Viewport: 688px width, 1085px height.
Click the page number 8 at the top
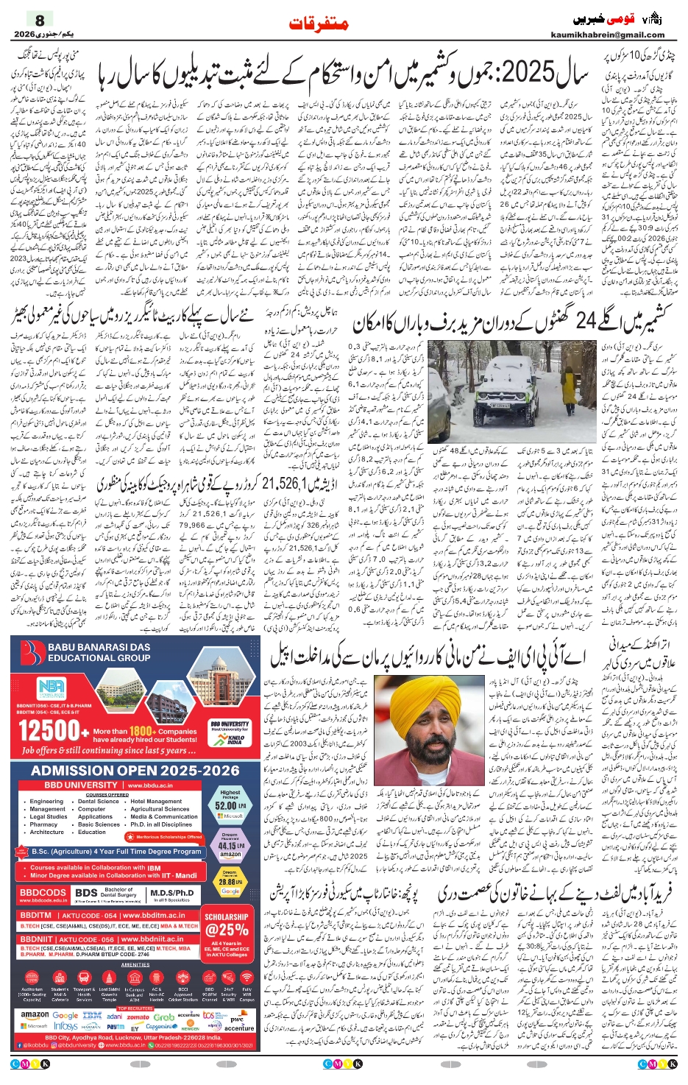tap(40, 20)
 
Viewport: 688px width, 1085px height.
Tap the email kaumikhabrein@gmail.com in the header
tap(607, 35)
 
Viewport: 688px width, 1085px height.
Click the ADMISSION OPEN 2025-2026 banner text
tap(135, 771)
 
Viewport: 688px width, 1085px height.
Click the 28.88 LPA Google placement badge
tap(230, 881)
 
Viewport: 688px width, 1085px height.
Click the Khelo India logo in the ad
tap(235, 738)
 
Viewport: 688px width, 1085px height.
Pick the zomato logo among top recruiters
tap(138, 1017)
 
